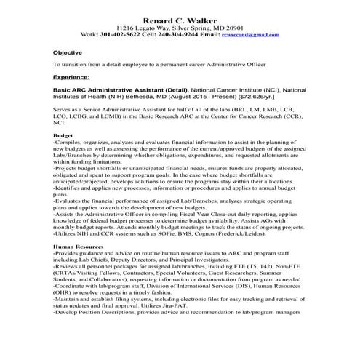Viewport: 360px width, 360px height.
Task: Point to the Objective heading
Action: pos(68,53)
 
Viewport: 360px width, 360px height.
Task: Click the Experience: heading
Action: pos(72,76)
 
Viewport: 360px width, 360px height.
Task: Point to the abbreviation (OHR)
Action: pos(65,313)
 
